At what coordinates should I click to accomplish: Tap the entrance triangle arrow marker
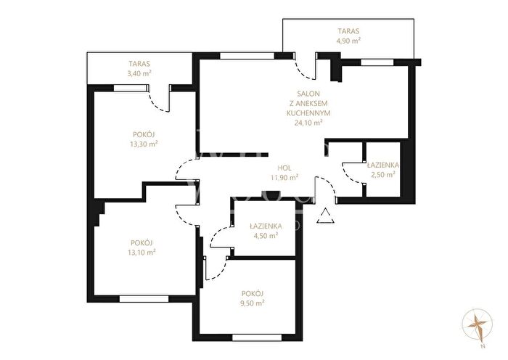click(x=326, y=216)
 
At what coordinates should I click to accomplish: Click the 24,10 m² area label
click(x=308, y=123)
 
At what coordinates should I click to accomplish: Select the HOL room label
click(x=284, y=168)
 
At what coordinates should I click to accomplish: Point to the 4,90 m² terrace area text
click(x=348, y=41)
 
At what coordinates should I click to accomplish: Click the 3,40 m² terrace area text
click(x=139, y=73)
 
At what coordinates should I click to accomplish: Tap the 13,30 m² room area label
click(x=144, y=144)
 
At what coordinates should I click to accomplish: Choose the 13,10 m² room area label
click(x=142, y=252)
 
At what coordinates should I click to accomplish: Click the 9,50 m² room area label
click(x=253, y=303)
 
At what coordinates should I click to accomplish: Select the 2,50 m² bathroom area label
click(x=383, y=175)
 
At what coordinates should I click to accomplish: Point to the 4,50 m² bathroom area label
click(x=266, y=236)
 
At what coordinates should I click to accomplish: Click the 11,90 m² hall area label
click(x=284, y=178)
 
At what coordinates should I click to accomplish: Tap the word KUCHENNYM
click(x=308, y=113)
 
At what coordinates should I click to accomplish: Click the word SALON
click(x=308, y=94)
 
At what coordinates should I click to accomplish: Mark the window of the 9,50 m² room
click(x=257, y=337)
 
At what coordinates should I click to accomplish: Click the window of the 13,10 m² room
click(x=144, y=299)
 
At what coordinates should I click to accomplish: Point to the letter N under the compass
click(x=483, y=347)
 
